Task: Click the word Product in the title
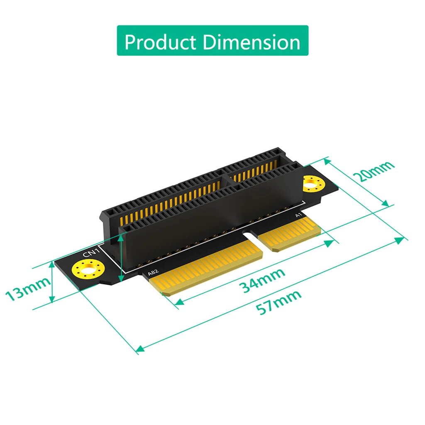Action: pos(160,42)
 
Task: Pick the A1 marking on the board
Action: pos(297,215)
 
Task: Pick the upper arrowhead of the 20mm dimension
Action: pos(326,159)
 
